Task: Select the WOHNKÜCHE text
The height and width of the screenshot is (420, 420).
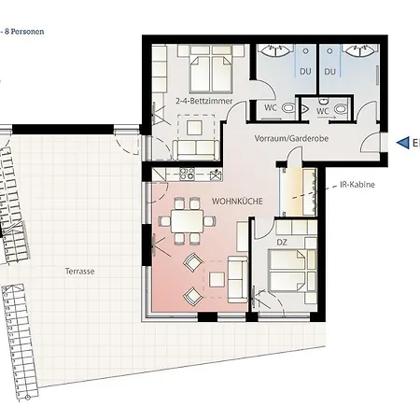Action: tap(236, 201)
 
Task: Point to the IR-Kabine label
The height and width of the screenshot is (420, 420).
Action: tap(357, 185)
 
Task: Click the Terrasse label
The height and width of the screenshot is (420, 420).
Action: tap(80, 271)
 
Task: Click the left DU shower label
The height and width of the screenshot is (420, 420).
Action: tap(304, 70)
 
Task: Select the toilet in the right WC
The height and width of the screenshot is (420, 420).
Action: tap(342, 109)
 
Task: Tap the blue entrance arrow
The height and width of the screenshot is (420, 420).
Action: tap(404, 143)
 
